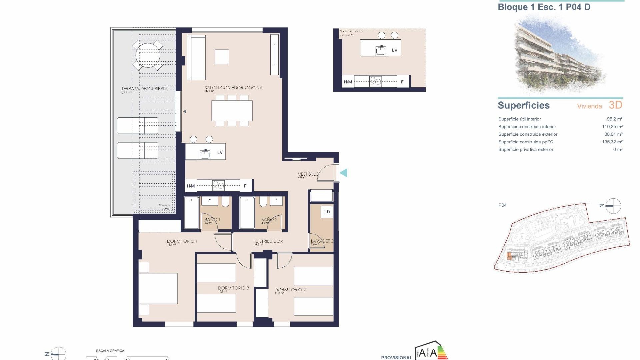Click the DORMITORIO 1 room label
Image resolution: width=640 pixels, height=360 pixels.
(182, 241)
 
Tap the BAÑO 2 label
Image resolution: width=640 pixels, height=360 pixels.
(269, 220)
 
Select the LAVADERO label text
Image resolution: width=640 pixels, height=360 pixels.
(322, 241)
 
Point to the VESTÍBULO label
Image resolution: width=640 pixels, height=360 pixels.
(308, 174)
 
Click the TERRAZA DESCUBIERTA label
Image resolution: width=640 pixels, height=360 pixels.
(144, 89)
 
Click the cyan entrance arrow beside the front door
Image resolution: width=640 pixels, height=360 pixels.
(344, 173)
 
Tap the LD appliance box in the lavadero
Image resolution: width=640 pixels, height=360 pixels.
(327, 212)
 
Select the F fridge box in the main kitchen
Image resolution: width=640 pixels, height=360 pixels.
(245, 186)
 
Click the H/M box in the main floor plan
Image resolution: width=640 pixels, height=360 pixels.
(191, 186)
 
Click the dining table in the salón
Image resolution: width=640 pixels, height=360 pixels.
(232, 111)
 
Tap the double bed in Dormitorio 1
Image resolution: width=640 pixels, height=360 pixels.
(158, 288)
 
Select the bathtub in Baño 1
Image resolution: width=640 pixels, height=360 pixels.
(191, 213)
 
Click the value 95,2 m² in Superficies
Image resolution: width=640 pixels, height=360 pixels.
(614, 119)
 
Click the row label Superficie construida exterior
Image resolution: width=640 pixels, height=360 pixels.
(528, 134)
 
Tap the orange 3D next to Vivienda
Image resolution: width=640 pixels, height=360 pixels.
(615, 105)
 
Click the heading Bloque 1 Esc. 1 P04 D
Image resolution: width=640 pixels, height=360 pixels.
(544, 7)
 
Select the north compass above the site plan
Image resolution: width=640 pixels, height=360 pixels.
(613, 206)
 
